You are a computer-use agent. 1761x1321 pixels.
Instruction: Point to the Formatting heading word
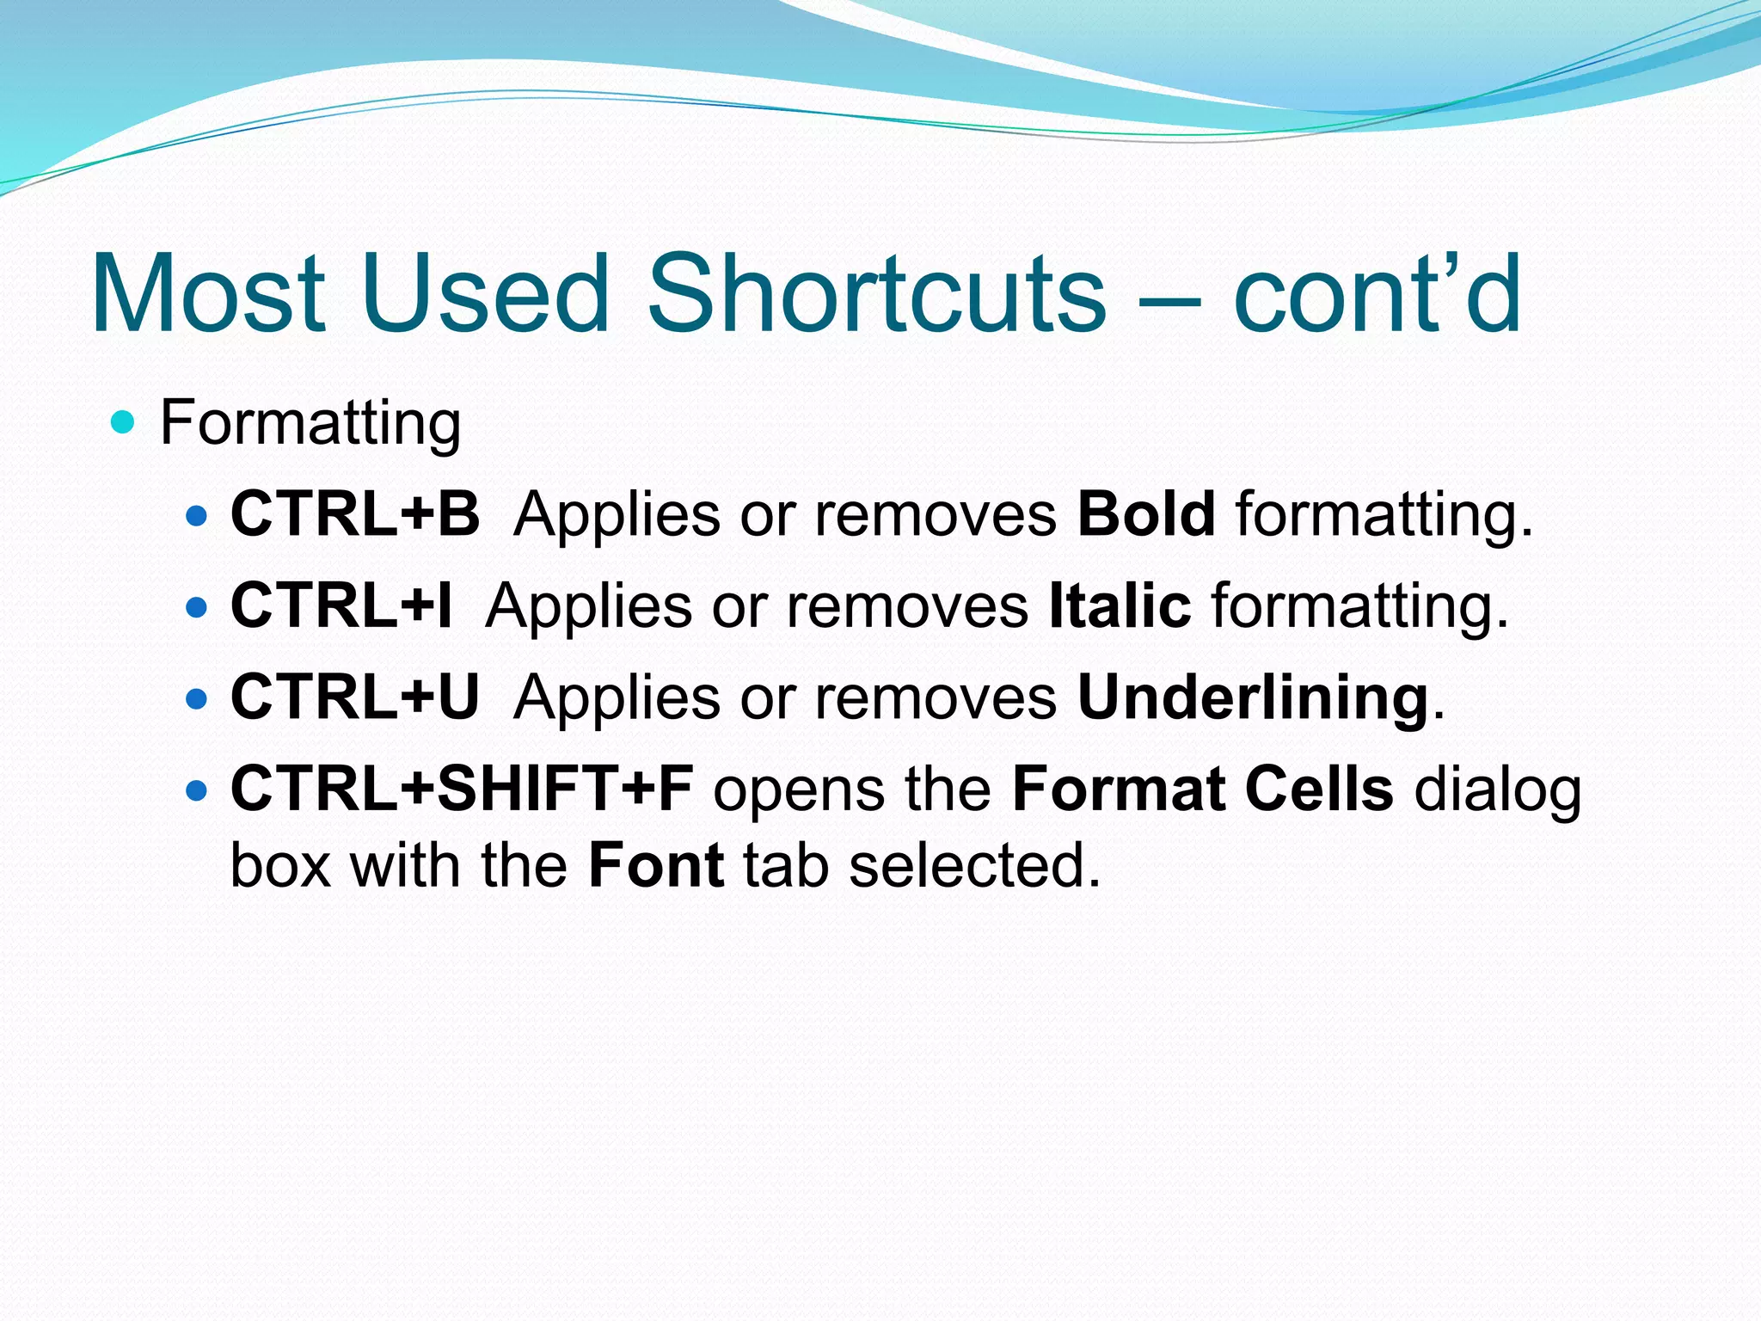(310, 423)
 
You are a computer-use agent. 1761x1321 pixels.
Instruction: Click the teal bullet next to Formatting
(124, 422)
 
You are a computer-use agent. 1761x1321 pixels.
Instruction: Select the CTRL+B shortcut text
(354, 514)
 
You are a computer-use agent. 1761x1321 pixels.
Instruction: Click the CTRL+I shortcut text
(341, 605)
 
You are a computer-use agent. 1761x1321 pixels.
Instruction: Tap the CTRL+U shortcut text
(354, 697)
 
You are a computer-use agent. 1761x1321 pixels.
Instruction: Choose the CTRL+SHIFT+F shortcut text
(462, 789)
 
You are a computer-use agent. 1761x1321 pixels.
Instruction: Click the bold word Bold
(1146, 514)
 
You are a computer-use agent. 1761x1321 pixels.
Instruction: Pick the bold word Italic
(1120, 605)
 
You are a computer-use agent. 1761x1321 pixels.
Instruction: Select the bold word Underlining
(1253, 697)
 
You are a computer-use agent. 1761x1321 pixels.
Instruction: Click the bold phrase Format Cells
(1202, 789)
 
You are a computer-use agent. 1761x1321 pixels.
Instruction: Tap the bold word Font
(655, 865)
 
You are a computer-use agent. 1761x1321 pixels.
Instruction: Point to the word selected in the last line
(973, 865)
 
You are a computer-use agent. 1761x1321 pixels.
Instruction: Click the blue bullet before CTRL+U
(197, 698)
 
